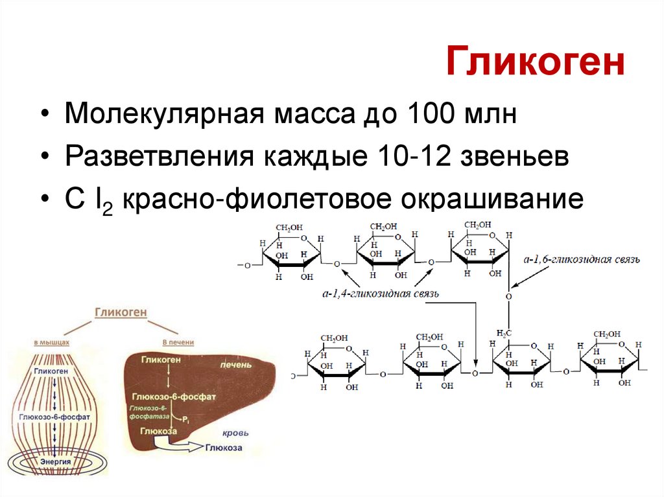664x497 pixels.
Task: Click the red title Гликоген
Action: [x=535, y=65]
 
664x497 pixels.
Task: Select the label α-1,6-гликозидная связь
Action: [x=582, y=259]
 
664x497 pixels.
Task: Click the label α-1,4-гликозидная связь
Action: [x=381, y=294]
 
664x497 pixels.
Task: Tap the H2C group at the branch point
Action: [x=504, y=333]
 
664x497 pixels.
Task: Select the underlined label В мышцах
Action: [x=52, y=341]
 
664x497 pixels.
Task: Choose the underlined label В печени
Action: [x=178, y=341]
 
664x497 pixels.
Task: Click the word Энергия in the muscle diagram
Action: [x=55, y=461]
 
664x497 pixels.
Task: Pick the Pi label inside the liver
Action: [x=185, y=420]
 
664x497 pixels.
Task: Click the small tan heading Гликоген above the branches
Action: [x=121, y=312]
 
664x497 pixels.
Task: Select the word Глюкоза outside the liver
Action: [x=224, y=448]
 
